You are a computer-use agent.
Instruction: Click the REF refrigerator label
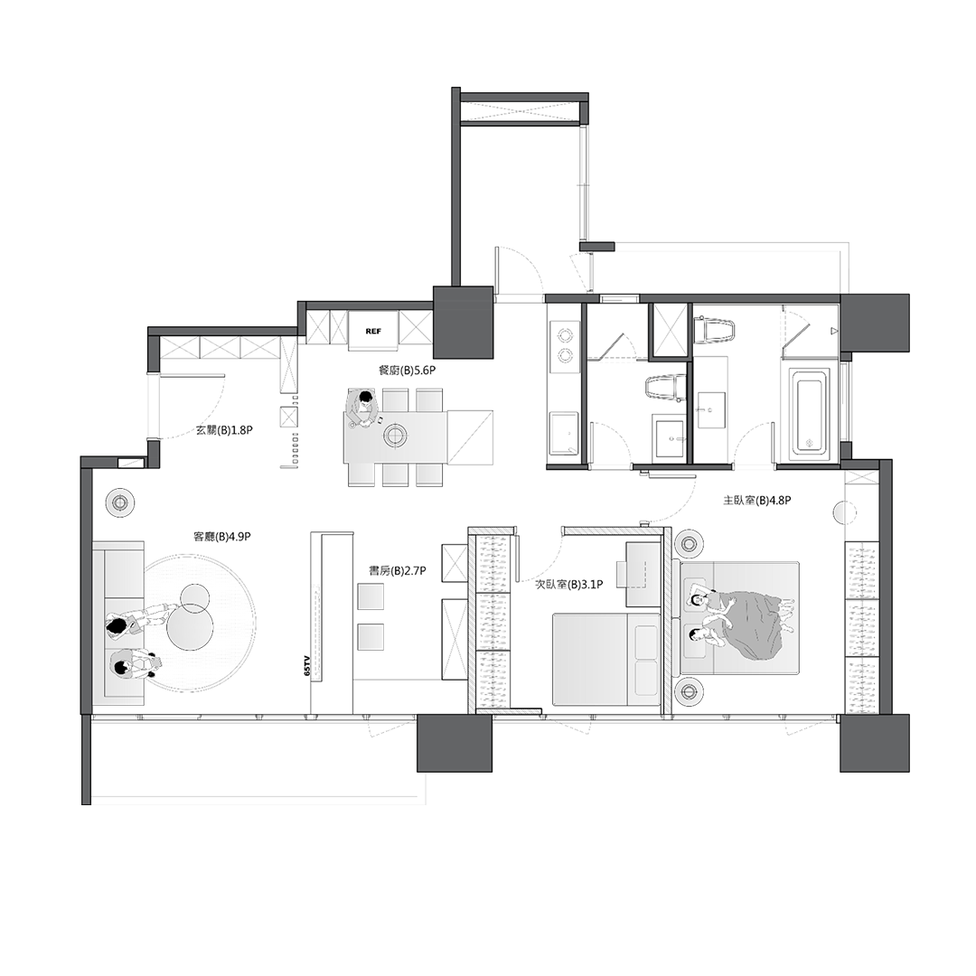point(373,332)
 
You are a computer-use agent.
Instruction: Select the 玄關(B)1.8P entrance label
point(224,429)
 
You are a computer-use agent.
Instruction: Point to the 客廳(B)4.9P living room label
point(222,536)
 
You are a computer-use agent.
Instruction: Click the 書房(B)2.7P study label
point(398,570)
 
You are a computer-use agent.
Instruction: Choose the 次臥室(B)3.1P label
point(569,585)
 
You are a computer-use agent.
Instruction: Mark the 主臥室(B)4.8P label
point(757,500)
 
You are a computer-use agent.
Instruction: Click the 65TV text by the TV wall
point(307,665)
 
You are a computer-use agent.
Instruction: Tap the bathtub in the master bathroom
point(809,410)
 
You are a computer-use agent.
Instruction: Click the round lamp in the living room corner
point(121,502)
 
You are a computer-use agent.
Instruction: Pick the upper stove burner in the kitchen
point(565,334)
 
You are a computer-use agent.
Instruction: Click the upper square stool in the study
point(371,596)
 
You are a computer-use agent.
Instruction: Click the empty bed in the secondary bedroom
point(607,659)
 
